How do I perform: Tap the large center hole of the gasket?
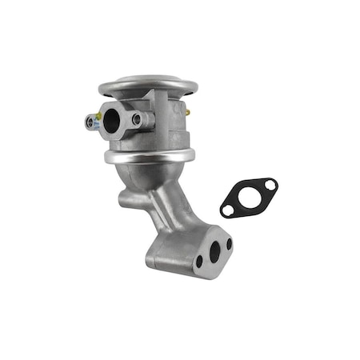249,197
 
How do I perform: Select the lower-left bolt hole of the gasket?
229,210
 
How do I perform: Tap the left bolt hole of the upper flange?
90,122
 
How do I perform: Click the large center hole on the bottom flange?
213,251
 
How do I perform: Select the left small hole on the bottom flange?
198,262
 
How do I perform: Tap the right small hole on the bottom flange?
228,243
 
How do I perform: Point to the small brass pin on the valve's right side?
187,114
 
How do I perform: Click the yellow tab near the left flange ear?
98,117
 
